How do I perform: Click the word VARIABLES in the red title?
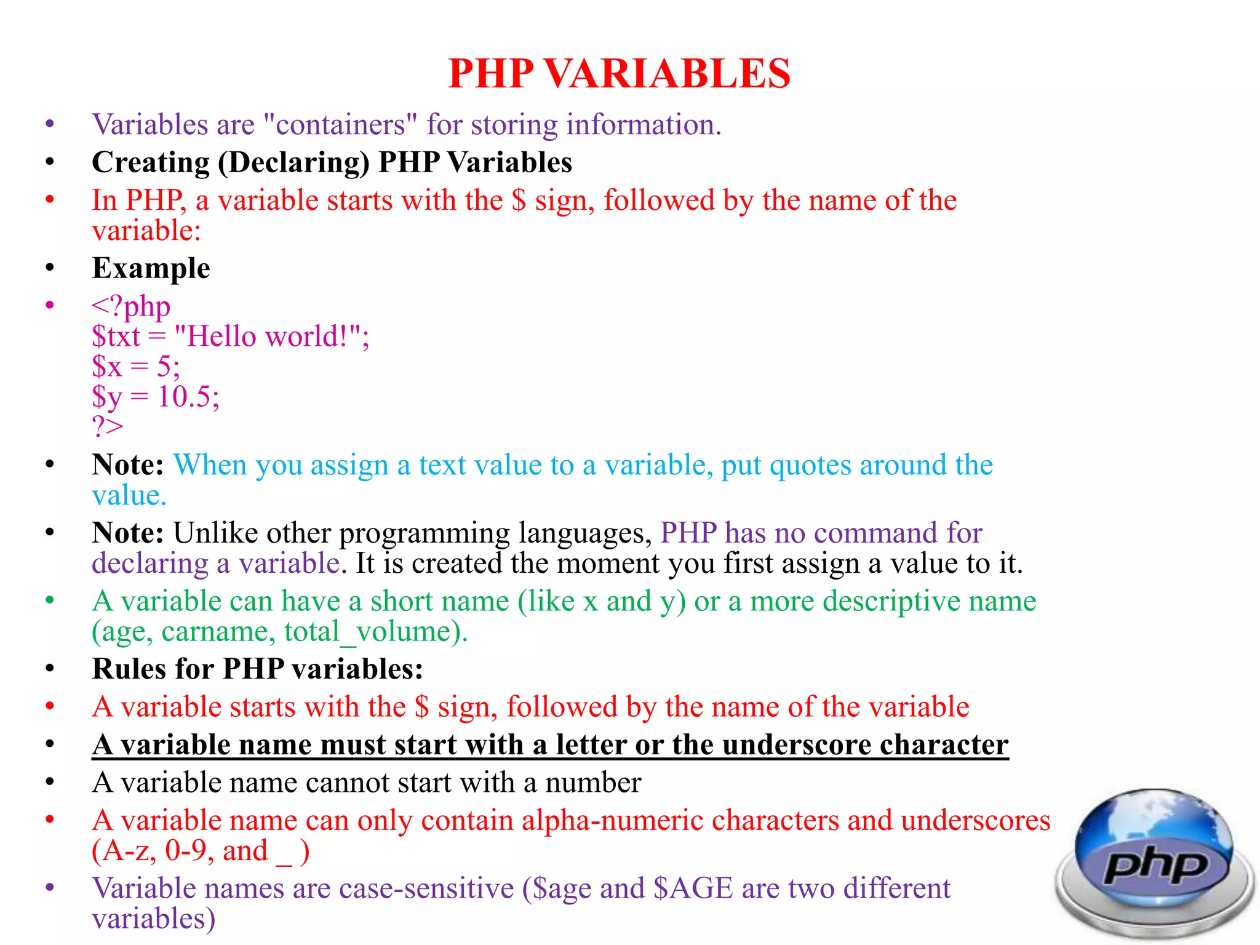(x=667, y=74)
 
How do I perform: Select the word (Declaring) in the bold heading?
(x=293, y=163)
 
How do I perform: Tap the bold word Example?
(x=151, y=268)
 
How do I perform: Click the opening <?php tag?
(x=131, y=306)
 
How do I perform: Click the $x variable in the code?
(x=107, y=367)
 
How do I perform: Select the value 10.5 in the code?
(x=184, y=397)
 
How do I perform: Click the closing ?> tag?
(x=108, y=426)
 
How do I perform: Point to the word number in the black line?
(x=593, y=783)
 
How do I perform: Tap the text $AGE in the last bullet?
(x=693, y=889)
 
